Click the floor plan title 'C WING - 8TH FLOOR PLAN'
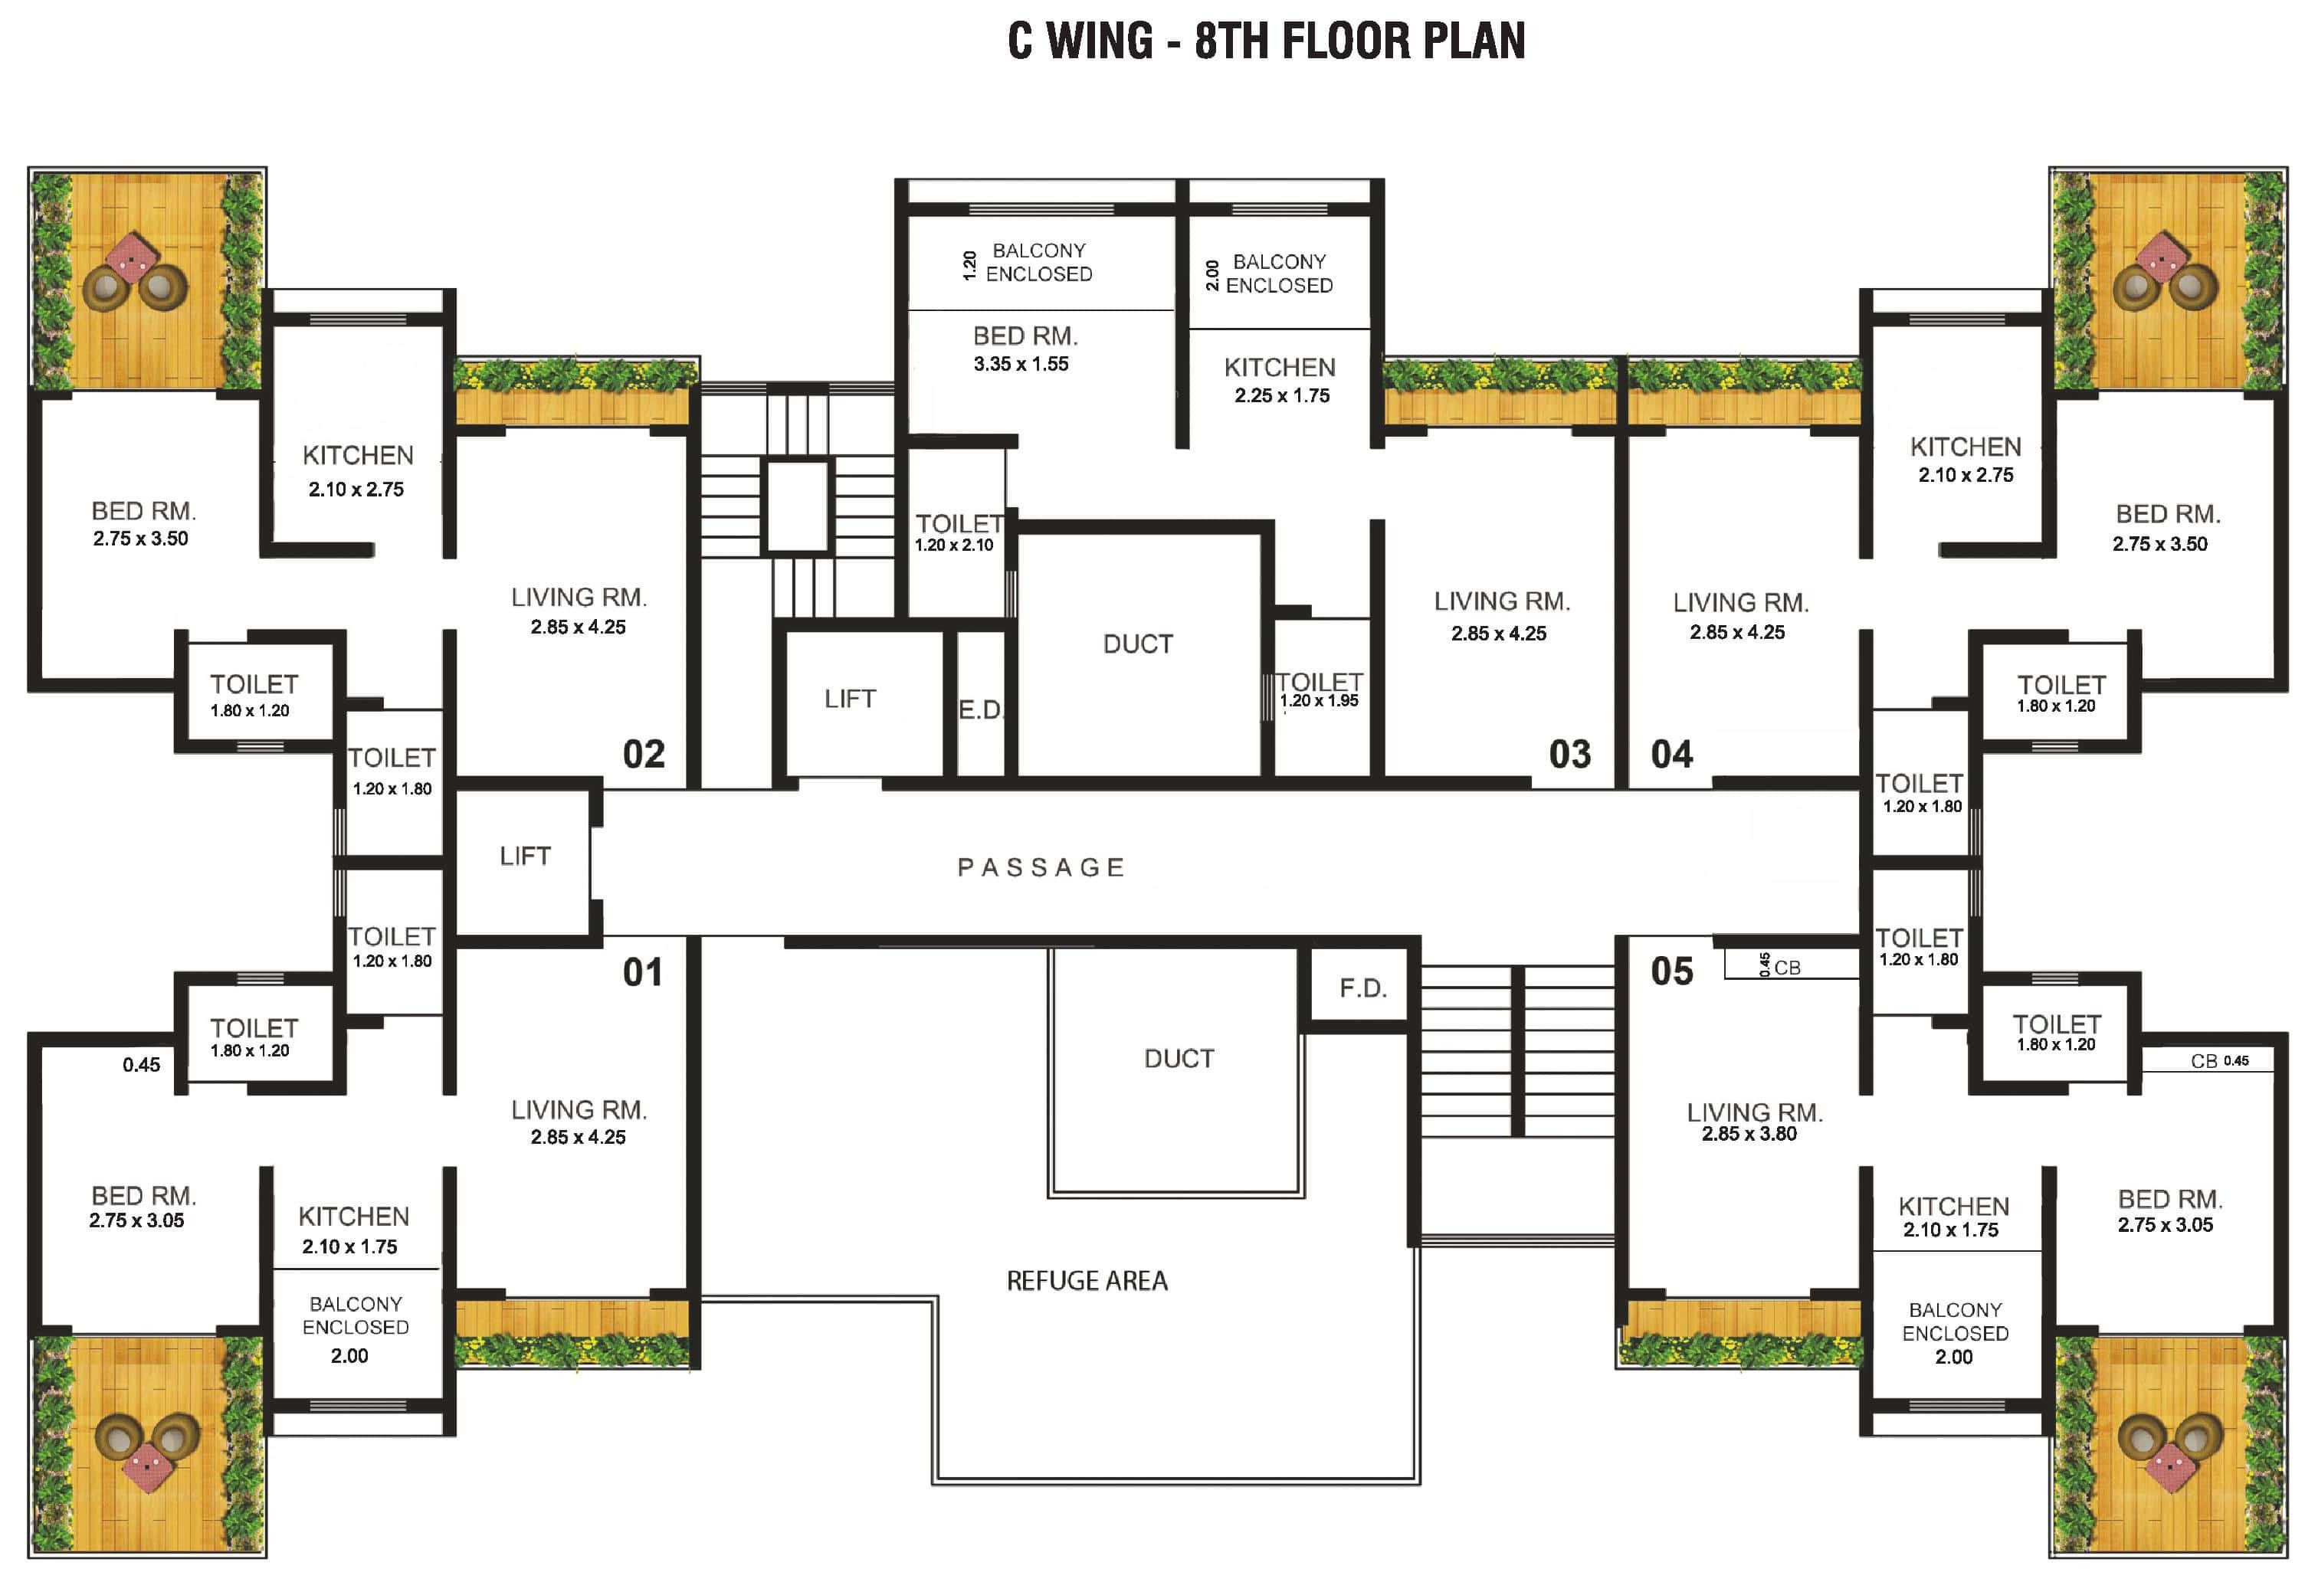(x=1266, y=41)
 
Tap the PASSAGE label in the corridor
(x=1041, y=868)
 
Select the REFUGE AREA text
(x=1087, y=1280)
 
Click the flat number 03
(x=1569, y=755)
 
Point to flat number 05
(x=1671, y=971)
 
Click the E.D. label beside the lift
(x=981, y=710)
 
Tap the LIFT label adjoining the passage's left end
(x=525, y=856)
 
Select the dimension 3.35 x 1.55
(x=1021, y=364)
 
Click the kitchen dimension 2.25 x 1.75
(x=1281, y=396)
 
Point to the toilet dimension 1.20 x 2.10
(x=953, y=545)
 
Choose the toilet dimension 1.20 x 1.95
(x=1318, y=700)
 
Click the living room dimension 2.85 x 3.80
(x=1749, y=1134)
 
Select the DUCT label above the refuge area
(x=1179, y=1060)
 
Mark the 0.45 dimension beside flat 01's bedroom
(x=141, y=1065)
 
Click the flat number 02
(x=644, y=755)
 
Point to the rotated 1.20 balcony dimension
(x=970, y=265)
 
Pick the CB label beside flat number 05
(x=1786, y=968)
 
